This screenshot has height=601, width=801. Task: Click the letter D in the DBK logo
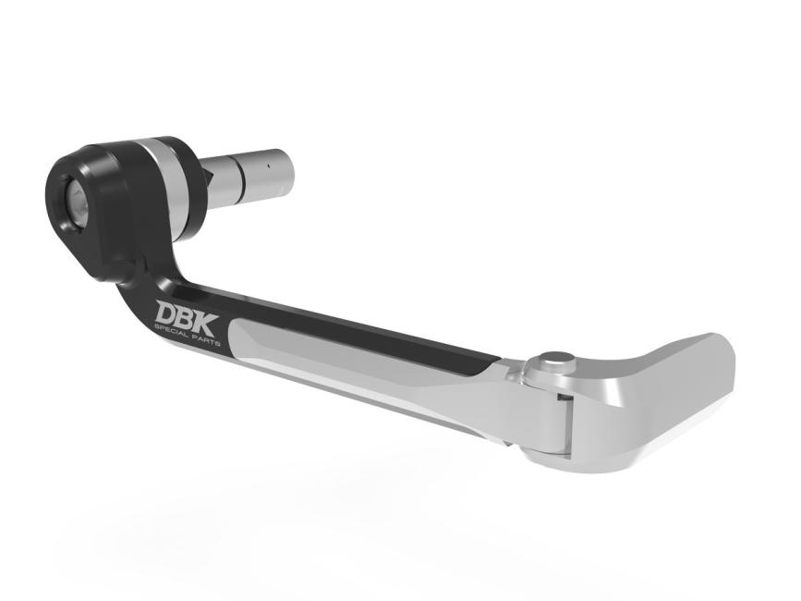(x=166, y=313)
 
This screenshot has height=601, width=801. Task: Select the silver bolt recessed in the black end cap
(x=75, y=196)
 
